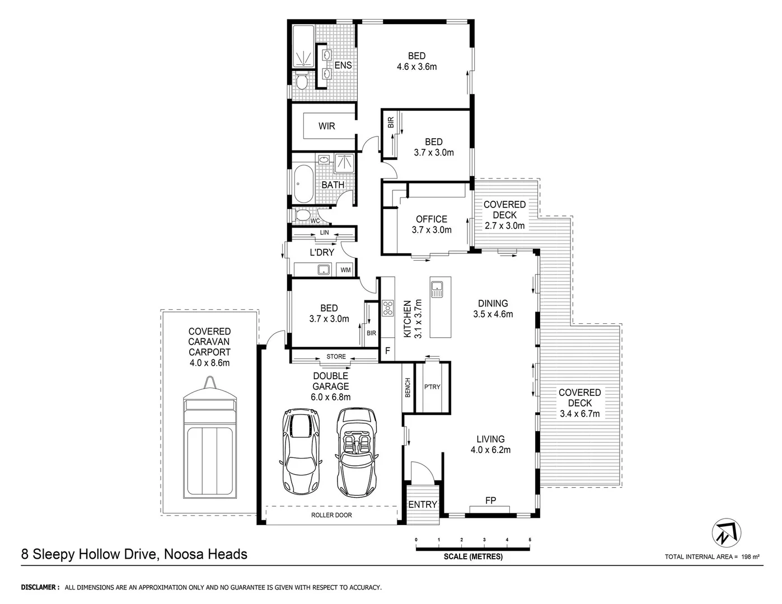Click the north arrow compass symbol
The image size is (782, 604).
pos(727,531)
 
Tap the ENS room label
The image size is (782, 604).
pos(343,65)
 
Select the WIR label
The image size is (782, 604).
pos(327,126)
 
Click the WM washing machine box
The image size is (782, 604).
pos(346,270)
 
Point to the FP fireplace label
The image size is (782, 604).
pos(490,500)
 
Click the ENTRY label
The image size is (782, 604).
pos(423,504)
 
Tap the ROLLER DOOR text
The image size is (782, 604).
pos(332,515)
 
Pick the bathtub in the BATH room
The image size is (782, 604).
pos(305,184)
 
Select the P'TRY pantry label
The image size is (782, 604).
pos(432,387)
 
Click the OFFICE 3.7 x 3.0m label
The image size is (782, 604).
pos(432,224)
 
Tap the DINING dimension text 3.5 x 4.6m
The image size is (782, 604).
pos(493,314)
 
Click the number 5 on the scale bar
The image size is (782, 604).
pos(530,540)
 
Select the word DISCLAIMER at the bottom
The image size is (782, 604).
pos(40,587)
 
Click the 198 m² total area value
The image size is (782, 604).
pos(750,556)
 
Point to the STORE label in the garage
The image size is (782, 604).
pos(336,357)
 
